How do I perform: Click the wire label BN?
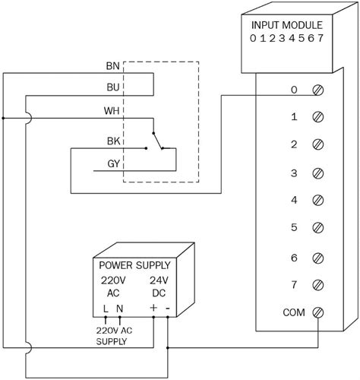coord(112,65)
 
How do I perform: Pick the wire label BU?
coord(112,87)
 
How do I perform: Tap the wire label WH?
coord(111,110)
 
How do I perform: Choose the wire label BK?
coord(112,141)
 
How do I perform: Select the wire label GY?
coord(112,163)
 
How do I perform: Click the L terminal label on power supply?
coord(105,307)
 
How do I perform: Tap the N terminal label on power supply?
coord(119,307)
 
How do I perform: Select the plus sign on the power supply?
coord(154,307)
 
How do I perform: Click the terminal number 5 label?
coord(293,228)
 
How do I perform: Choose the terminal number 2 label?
coord(293,144)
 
